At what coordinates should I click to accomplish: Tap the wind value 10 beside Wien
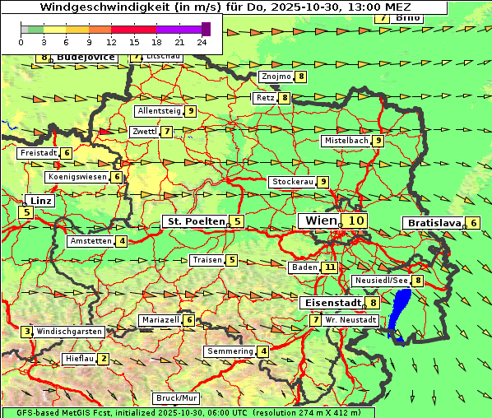[355, 221]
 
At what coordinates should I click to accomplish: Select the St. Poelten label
[195, 221]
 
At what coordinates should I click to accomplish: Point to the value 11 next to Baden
[330, 267]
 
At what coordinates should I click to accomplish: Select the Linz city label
[39, 200]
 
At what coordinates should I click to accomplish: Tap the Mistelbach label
[346, 141]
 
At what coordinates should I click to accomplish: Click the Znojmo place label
[276, 77]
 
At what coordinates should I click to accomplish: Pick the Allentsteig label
[159, 110]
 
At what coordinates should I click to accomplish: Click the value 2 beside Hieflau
[103, 359]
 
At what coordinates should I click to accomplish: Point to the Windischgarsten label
[69, 332]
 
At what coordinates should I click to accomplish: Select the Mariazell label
[160, 320]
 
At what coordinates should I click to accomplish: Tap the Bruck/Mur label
[176, 398]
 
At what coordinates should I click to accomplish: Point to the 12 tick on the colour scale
[112, 41]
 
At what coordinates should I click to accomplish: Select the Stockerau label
[292, 182]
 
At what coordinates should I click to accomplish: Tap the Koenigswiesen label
[77, 177]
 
